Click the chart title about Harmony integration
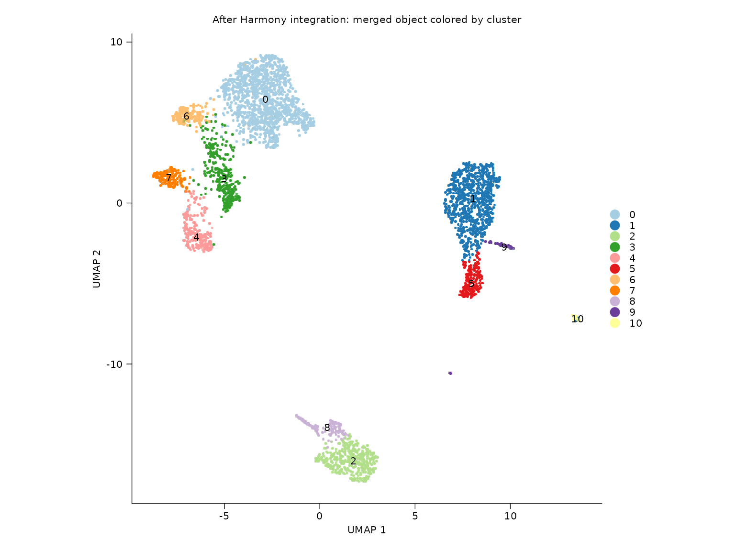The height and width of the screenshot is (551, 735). click(x=367, y=20)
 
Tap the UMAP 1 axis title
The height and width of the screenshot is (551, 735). click(x=367, y=530)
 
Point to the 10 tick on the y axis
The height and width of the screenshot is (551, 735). click(x=116, y=42)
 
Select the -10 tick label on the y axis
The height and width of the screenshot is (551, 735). click(x=114, y=364)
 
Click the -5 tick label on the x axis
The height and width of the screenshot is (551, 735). click(x=223, y=516)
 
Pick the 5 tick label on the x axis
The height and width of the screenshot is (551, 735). click(x=415, y=516)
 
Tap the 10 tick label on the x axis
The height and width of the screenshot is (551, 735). click(x=510, y=516)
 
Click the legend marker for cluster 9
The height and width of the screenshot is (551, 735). click(x=615, y=312)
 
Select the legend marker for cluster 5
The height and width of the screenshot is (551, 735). click(x=615, y=269)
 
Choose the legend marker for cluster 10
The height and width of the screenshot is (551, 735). click(x=615, y=323)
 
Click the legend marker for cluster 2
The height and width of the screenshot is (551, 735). click(x=615, y=236)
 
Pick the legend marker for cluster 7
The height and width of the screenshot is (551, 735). click(x=615, y=290)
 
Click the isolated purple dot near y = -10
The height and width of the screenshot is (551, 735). click(x=450, y=373)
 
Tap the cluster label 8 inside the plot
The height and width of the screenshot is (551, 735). click(x=327, y=428)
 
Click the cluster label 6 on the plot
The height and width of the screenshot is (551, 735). click(x=186, y=116)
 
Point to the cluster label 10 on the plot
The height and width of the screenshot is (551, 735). click(x=577, y=319)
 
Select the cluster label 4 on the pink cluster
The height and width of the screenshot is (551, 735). click(x=196, y=237)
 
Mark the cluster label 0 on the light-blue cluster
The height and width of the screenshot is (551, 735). click(x=265, y=99)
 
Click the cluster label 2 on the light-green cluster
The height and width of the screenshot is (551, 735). click(x=353, y=461)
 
